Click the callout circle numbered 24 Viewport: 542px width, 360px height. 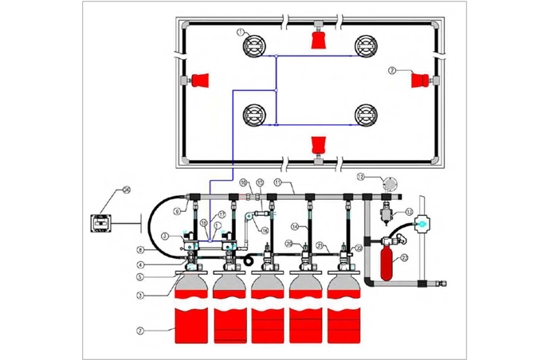pyautogui.click(x=126, y=190)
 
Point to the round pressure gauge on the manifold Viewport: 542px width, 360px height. pyautogui.click(x=389, y=183)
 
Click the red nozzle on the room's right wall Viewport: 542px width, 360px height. pyautogui.click(x=419, y=80)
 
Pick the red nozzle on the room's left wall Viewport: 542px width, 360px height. pyautogui.click(x=200, y=80)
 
